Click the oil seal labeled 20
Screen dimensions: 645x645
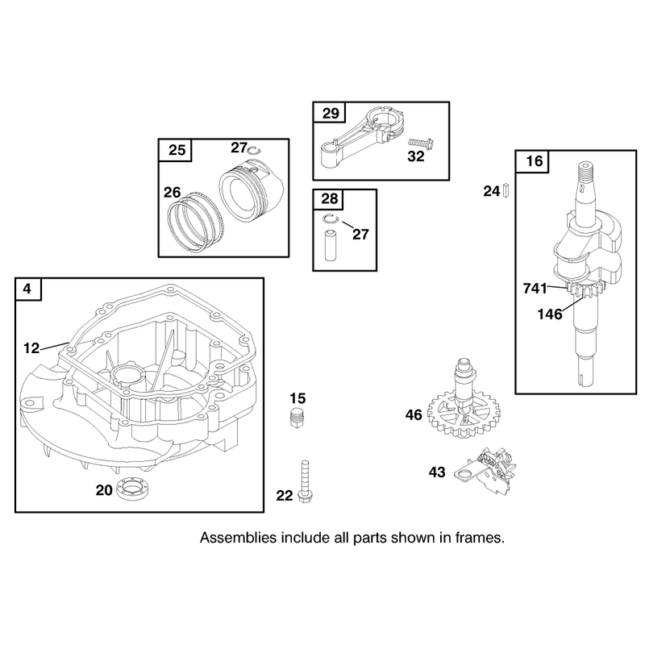(132, 489)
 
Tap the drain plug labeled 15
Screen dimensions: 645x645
(298, 418)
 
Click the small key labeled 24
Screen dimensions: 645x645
(506, 190)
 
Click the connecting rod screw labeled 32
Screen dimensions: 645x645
(422, 144)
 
